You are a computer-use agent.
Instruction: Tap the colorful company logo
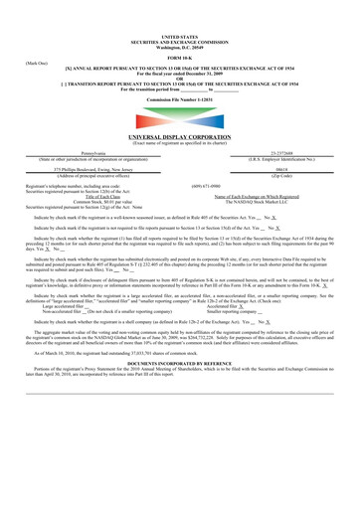(179, 117)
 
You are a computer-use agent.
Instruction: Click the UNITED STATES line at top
(179, 7)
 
